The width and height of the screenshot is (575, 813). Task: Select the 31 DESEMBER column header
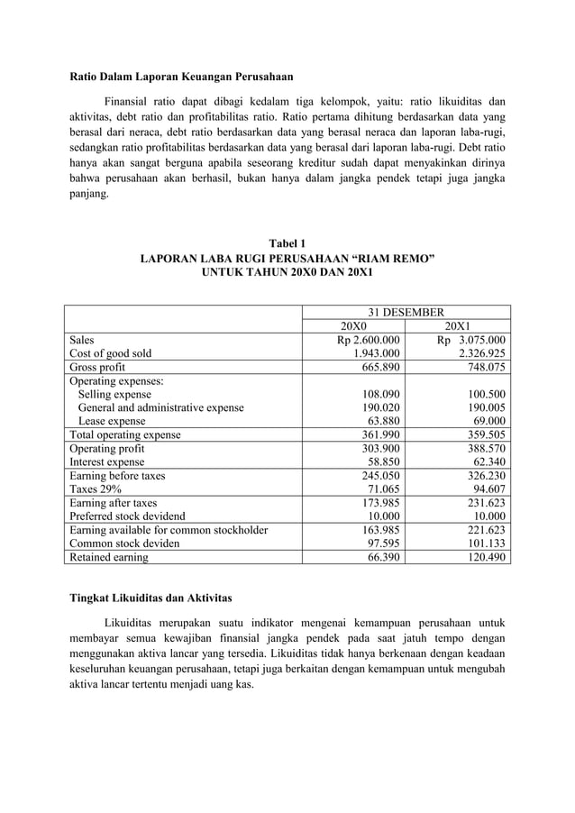tap(403, 312)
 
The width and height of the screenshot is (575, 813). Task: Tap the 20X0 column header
tap(352, 326)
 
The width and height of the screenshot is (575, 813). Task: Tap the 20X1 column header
tap(456, 326)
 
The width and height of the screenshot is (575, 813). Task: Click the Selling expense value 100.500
tap(484, 394)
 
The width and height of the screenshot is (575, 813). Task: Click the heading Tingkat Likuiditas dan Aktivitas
tap(151, 598)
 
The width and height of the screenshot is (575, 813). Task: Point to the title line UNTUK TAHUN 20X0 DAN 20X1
tap(287, 271)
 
